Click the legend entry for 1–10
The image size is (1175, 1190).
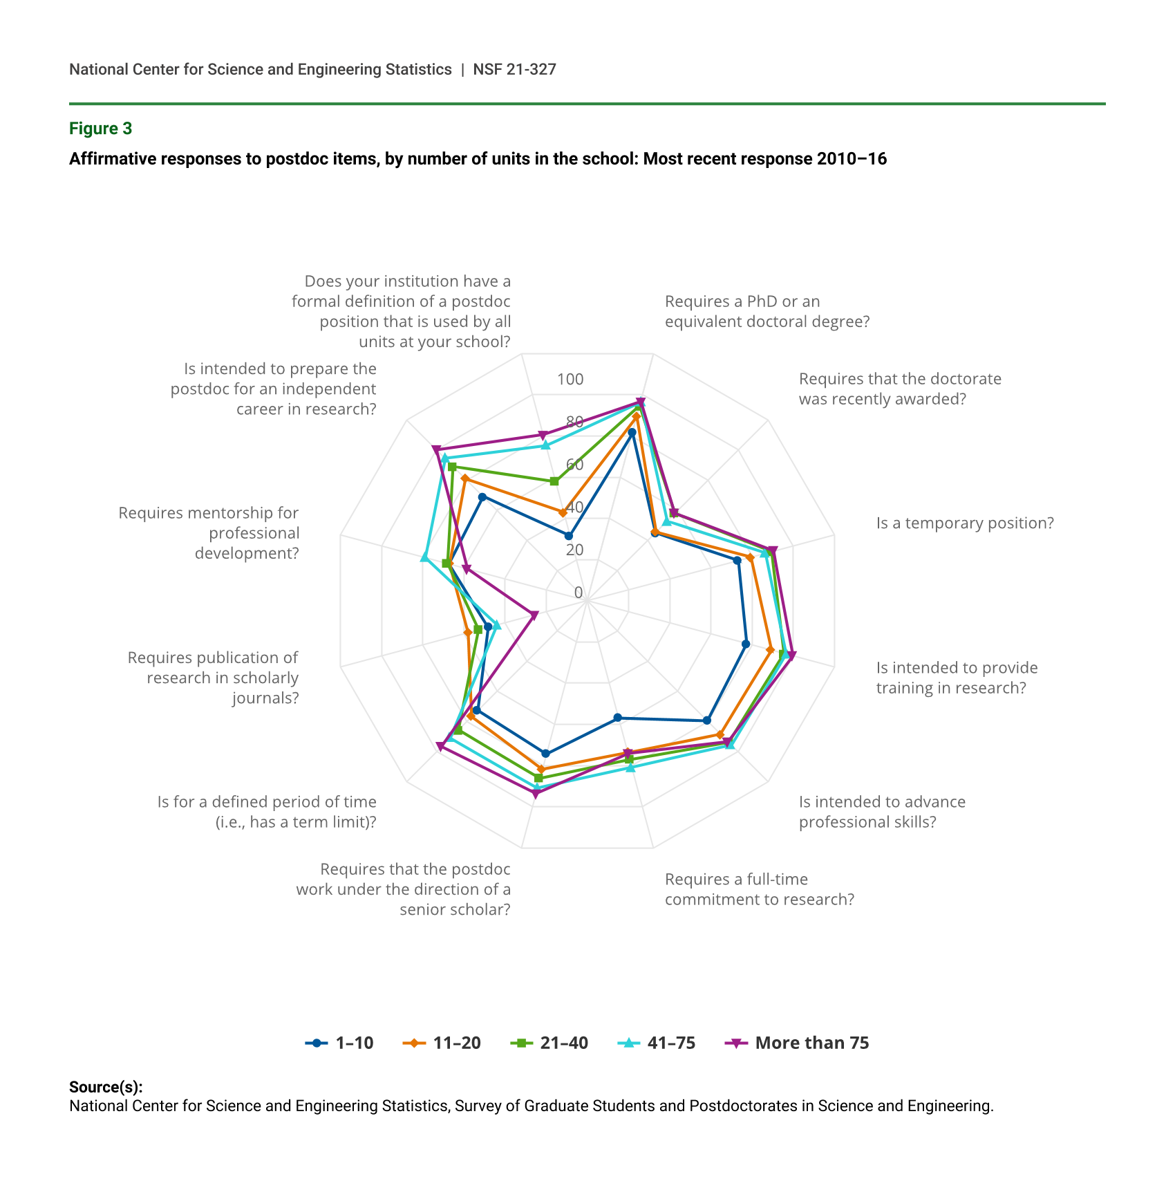tap(339, 1043)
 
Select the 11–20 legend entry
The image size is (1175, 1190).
tap(442, 1043)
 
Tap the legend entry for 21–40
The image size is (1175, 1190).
tap(549, 1043)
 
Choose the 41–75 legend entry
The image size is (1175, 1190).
tap(657, 1043)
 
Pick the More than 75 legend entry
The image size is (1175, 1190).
tap(798, 1043)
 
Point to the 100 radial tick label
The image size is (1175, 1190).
tap(570, 379)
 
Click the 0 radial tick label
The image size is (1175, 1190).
tap(579, 593)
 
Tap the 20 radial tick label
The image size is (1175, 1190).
tap(574, 550)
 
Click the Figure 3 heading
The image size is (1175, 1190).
tap(100, 129)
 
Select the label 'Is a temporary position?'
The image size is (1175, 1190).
tap(965, 523)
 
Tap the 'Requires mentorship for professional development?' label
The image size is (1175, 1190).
tap(209, 532)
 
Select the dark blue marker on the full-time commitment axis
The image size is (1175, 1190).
tap(618, 718)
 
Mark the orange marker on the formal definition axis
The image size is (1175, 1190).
tap(563, 512)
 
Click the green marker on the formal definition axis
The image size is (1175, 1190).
tap(554, 481)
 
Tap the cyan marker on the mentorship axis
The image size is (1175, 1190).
tap(424, 557)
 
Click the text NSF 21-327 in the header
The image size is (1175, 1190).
tap(514, 69)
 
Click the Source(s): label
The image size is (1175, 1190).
tap(106, 1087)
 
